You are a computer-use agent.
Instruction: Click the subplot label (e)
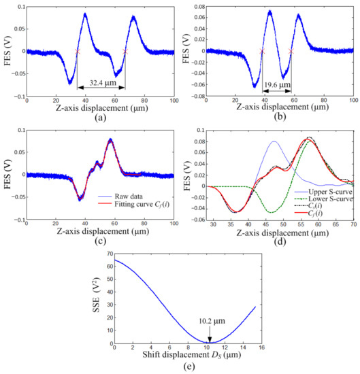(186, 367)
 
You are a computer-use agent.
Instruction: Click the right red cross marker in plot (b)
(291, 51)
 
